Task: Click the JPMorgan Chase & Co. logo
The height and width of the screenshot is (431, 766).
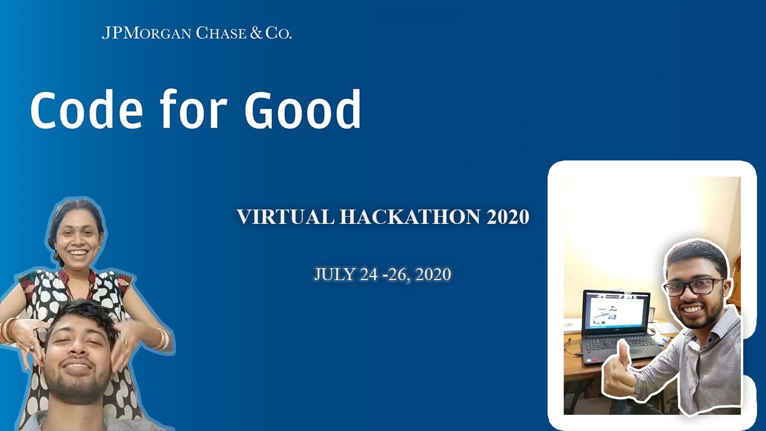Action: click(196, 33)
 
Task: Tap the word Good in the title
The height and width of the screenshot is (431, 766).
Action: click(303, 110)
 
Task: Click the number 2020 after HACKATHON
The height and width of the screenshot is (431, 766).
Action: click(507, 217)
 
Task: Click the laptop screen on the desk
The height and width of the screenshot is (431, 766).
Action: click(616, 311)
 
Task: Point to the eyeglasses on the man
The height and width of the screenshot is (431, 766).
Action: click(694, 287)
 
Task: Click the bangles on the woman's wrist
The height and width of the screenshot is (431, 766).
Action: click(160, 338)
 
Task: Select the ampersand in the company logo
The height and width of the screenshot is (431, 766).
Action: click(256, 33)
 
